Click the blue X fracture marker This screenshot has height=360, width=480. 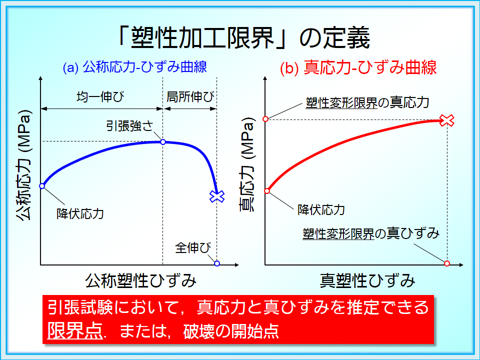pos(217,196)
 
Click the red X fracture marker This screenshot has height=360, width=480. pos(447,120)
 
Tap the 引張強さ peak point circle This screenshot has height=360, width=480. pos(163,142)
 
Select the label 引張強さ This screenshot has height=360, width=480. pos(129,126)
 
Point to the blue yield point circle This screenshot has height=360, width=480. pos(42,186)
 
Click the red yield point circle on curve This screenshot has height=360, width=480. pos(267,191)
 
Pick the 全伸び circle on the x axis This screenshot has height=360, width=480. pos(217,263)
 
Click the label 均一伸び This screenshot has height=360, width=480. pos(100,96)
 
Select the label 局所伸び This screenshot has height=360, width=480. pos(190,97)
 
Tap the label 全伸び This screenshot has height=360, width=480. pos(193,247)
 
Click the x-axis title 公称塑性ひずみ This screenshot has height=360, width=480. pos(141,280)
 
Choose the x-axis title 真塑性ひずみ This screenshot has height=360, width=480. pos(367,280)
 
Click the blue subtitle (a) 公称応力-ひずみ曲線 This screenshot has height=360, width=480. pos(135,67)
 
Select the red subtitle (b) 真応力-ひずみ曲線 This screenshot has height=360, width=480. pos(358,67)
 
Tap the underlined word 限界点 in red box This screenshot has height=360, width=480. pos(74,330)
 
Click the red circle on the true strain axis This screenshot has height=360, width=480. pos(447,263)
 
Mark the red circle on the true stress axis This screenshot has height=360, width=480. pos(265,119)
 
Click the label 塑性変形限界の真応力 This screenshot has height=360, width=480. pos(367,102)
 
